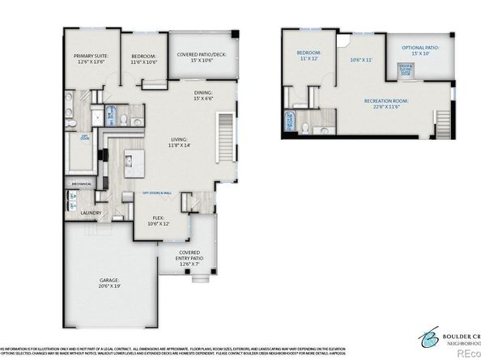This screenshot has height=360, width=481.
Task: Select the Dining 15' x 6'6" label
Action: point(202,96)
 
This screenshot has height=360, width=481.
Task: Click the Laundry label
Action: point(91,213)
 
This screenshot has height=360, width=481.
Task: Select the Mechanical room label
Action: point(81,183)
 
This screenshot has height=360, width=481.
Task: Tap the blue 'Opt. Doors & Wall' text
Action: point(159,193)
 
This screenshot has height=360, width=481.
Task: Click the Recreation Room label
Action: point(385,104)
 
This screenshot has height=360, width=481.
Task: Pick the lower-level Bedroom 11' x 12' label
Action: point(309,56)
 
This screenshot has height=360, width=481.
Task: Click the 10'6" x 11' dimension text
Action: point(360,60)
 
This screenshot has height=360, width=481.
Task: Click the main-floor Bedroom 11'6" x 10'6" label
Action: point(143,58)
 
